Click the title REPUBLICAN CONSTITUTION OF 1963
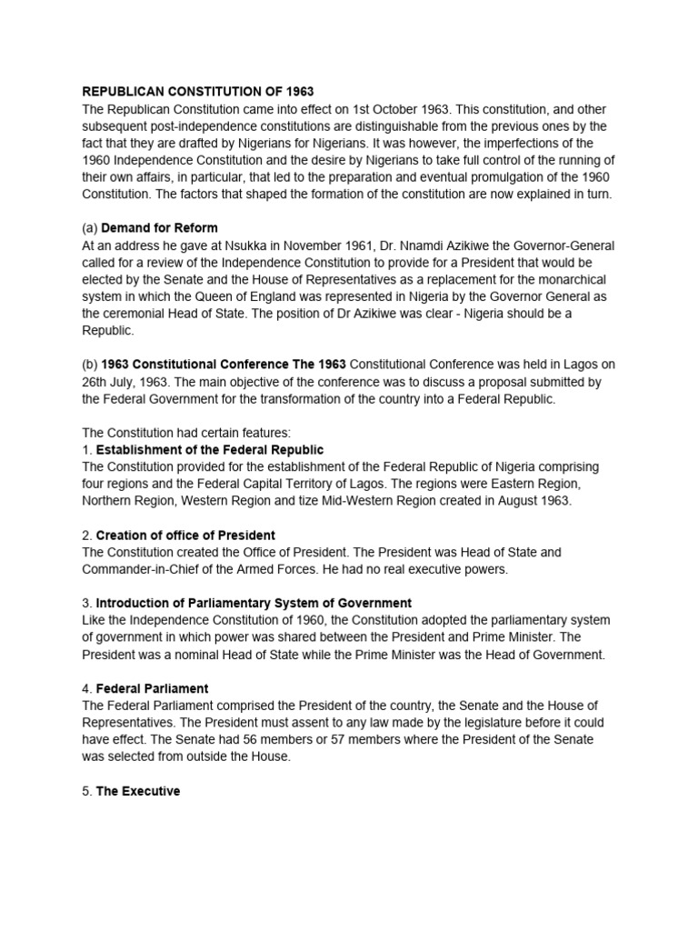[x=198, y=92]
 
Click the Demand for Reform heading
[x=159, y=227]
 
